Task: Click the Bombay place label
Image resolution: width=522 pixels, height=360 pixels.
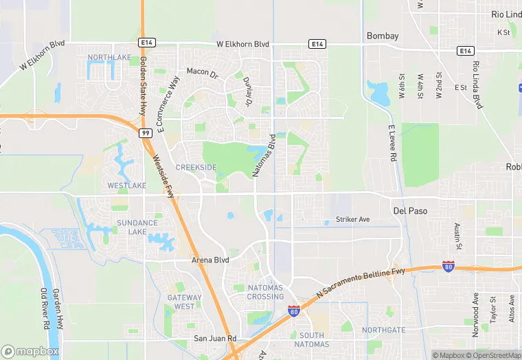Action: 383,36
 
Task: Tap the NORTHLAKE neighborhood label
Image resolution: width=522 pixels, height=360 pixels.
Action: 109,57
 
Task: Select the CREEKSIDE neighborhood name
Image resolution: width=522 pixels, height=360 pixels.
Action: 196,168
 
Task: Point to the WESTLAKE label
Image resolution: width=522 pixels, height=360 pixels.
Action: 127,185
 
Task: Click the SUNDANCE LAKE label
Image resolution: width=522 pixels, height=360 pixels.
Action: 137,227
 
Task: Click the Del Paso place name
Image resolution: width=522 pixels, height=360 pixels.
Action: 410,211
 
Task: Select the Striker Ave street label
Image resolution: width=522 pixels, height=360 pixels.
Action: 352,219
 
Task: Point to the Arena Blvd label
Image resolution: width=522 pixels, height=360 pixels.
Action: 210,260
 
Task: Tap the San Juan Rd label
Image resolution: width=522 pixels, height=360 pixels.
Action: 214,338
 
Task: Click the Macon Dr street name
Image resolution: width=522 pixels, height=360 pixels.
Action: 202,71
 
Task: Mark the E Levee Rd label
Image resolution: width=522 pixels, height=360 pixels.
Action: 393,143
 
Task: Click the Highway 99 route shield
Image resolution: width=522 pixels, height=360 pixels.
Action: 145,132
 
